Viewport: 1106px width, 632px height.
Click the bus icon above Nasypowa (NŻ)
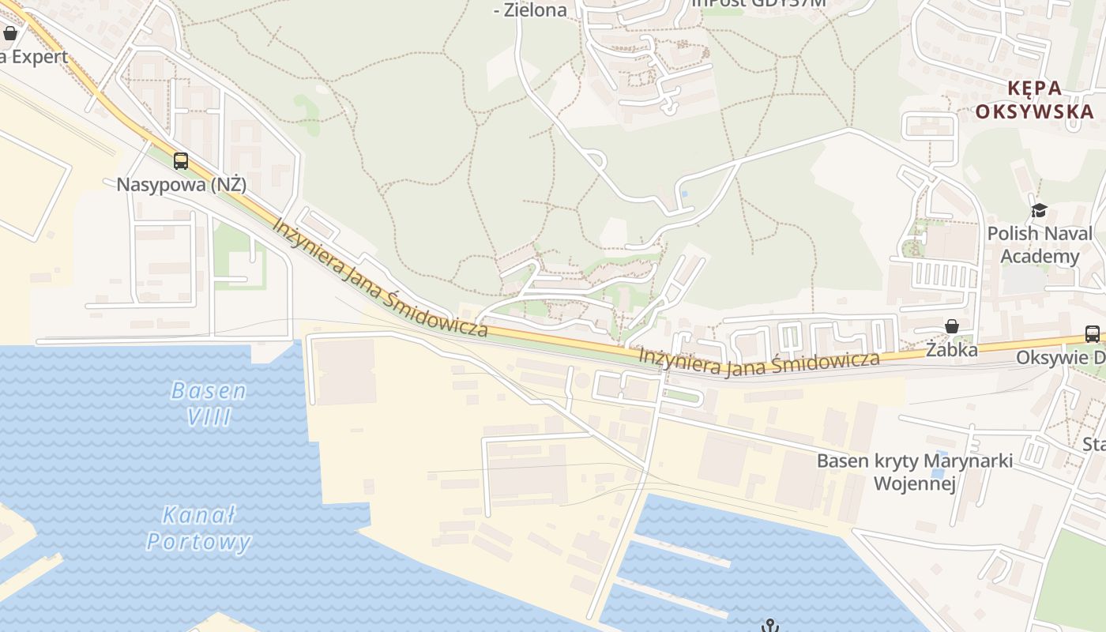[181, 161]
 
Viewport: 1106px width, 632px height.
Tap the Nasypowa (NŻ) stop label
[182, 185]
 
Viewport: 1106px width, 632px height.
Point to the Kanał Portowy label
[199, 529]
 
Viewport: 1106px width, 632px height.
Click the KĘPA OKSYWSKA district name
[1034, 100]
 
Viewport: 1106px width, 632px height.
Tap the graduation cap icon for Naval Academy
[1039, 210]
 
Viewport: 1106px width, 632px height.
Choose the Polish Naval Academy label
[1040, 245]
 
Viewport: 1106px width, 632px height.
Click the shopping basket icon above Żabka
[953, 326]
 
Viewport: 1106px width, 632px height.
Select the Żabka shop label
[952, 349]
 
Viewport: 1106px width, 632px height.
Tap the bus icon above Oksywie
[1093, 334]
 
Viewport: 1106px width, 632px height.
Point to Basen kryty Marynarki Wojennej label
[915, 472]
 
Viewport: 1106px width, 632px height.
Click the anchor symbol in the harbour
[770, 626]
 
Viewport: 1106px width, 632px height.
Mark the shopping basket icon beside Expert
[10, 33]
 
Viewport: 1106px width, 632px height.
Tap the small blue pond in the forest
[684, 194]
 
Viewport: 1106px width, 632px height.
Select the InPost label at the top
[758, 2]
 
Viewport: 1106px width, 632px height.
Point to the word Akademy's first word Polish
[1013, 234]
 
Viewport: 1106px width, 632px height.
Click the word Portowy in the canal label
[199, 541]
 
